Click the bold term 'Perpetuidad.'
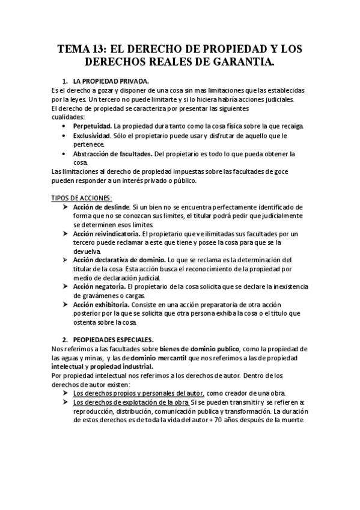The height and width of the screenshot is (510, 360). pyautogui.click(x=92, y=126)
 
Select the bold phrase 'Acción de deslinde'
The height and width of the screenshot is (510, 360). pyautogui.click(x=101, y=207)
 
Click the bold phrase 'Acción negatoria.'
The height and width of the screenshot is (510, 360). pyautogui.click(x=99, y=286)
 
